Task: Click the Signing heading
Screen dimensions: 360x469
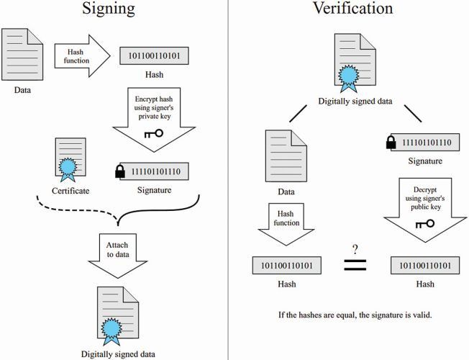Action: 111,12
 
